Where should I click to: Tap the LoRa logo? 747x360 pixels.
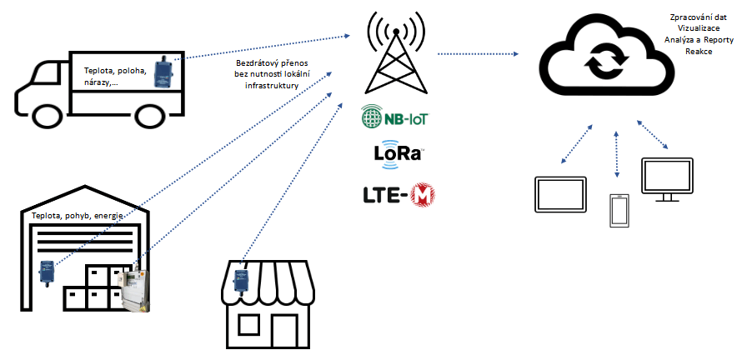(399, 157)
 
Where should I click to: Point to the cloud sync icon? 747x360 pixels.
(604, 61)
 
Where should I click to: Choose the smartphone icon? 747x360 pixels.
(618, 210)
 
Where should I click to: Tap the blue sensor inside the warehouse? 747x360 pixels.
(47, 272)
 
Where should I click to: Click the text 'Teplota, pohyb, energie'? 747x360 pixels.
(77, 216)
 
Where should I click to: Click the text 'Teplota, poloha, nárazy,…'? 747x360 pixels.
(113, 76)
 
